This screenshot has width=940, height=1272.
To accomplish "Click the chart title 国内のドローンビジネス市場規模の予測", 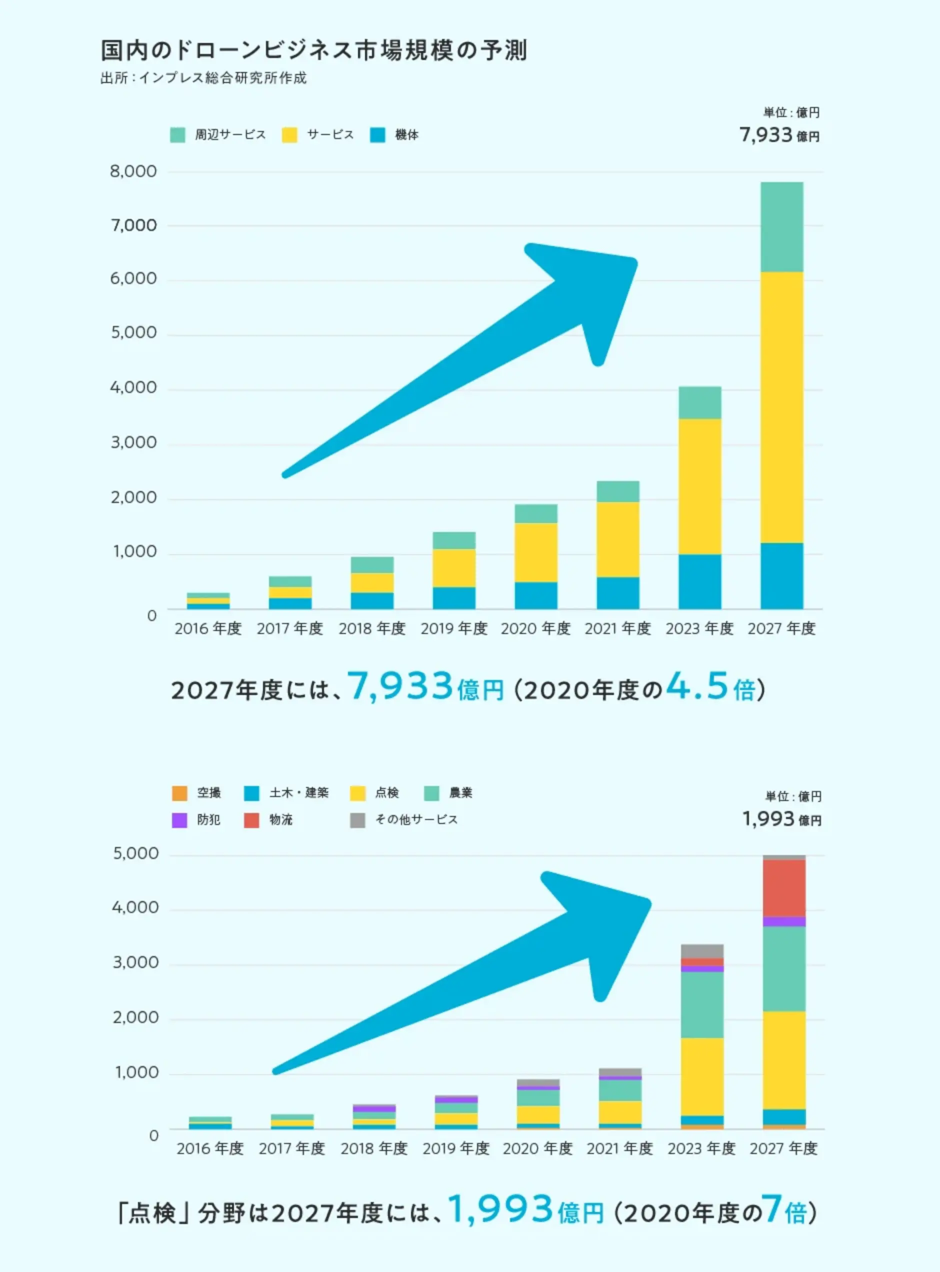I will pos(314,50).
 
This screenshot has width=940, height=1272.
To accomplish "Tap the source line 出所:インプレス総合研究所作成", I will pos(203,78).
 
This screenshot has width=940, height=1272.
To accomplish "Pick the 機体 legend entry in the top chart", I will pos(394,135).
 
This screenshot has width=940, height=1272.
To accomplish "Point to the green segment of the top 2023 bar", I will pos(700,403).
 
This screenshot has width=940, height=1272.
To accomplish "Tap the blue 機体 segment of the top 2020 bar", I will pos(536,595).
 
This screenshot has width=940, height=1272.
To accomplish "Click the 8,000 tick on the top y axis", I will pos(133,171).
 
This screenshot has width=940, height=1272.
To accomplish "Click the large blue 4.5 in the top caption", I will pos(697,686).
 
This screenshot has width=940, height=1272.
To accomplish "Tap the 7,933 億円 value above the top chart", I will pos(779,135).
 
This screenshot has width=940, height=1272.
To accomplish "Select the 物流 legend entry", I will pos(268,819).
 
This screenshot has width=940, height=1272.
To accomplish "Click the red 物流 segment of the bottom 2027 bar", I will pos(784,888).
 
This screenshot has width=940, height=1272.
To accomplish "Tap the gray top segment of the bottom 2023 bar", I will pos(702,951).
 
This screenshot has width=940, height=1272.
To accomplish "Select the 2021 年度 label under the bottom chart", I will pos(619,1148).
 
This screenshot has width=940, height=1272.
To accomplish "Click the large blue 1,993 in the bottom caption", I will pos(500,1209).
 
